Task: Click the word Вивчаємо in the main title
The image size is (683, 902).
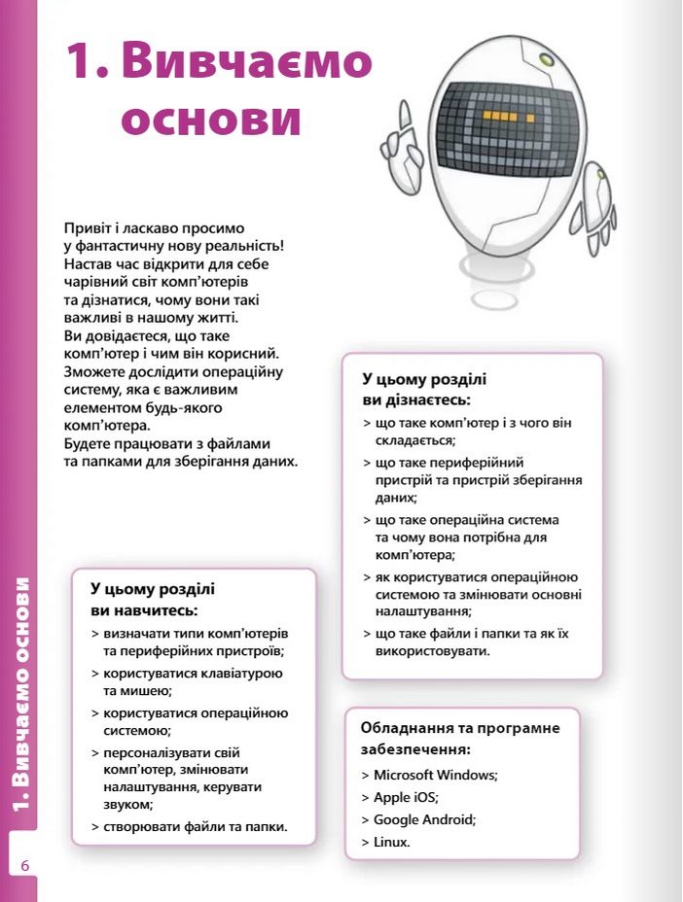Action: [248, 61]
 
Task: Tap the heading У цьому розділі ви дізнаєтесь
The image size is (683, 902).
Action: [424, 390]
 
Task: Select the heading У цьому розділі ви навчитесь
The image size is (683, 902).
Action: [153, 600]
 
